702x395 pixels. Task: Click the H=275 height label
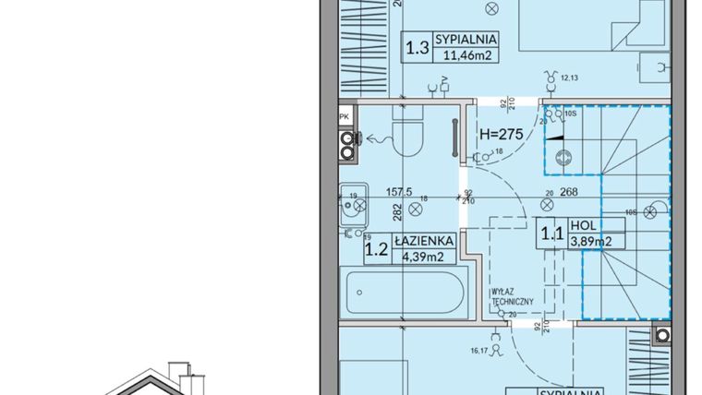[x=502, y=134]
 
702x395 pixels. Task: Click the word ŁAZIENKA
[x=423, y=240]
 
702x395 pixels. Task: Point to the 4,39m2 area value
[x=424, y=256]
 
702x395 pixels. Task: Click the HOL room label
[x=581, y=224]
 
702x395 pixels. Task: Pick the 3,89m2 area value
[x=591, y=242]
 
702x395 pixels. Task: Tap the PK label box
[x=345, y=116]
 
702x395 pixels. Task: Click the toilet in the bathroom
[x=406, y=143]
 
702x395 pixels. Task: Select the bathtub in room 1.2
[x=401, y=293]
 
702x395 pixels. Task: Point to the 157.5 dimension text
[x=398, y=194]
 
